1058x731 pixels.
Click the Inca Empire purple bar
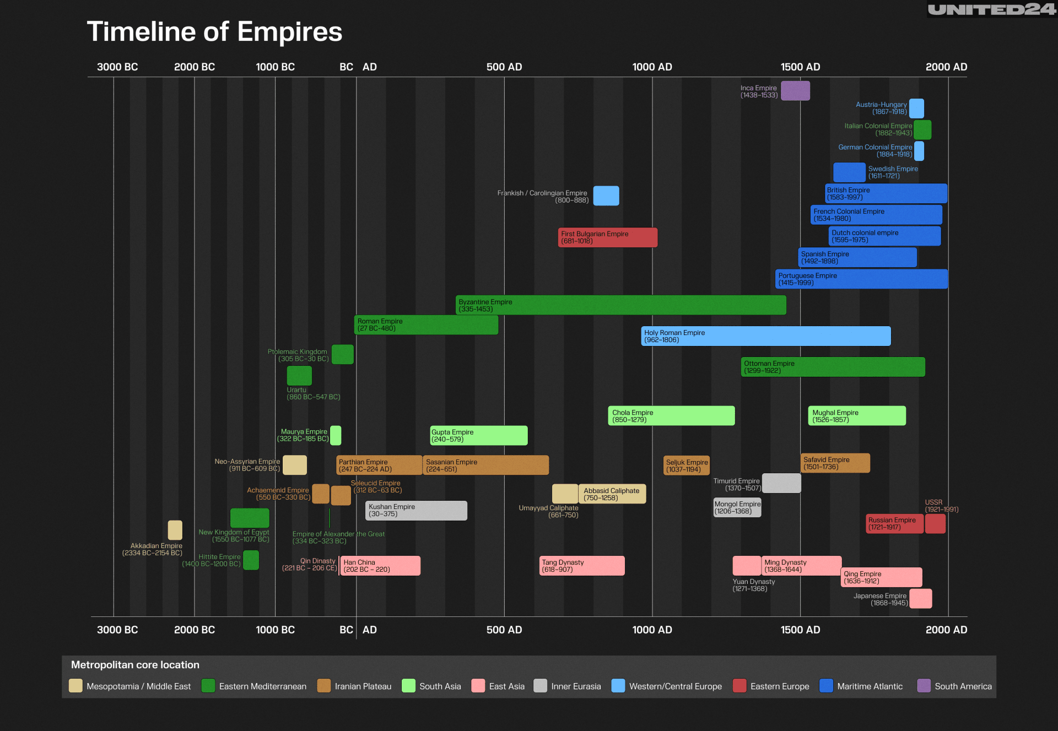tap(795, 91)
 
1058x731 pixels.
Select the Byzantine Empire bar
tap(620, 305)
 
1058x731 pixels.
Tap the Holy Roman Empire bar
tap(765, 336)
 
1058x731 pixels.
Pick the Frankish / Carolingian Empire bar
tap(606, 196)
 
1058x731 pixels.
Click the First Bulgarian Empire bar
tap(607, 237)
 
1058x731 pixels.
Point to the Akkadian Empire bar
tap(175, 530)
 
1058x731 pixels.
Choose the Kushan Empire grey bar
tap(416, 511)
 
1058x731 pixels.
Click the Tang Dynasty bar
tap(582, 566)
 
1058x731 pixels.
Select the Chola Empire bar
tap(671, 416)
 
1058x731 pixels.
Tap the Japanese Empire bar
tap(920, 599)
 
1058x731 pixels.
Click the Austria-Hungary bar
tap(916, 109)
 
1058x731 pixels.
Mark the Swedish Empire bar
tap(849, 172)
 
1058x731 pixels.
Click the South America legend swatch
tap(924, 686)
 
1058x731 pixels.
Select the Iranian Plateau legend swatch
tap(324, 686)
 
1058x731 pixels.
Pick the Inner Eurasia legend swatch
tap(540, 686)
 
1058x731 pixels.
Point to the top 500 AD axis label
tap(504, 67)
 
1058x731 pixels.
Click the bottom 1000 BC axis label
tap(275, 630)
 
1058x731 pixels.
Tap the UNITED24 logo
tap(991, 9)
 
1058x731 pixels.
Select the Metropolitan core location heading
tap(135, 665)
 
